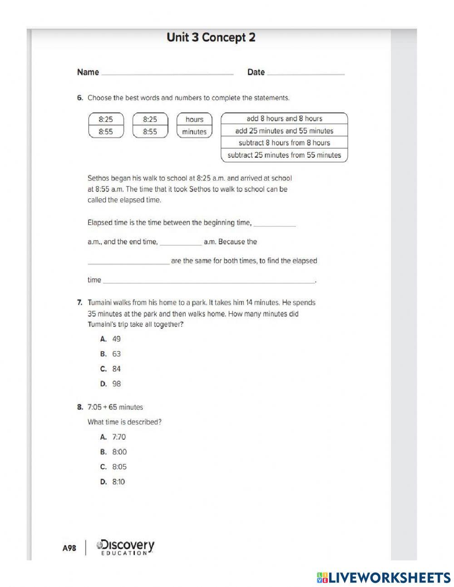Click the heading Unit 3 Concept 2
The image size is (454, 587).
pyautogui.click(x=211, y=38)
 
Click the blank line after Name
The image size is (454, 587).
pyautogui.click(x=167, y=73)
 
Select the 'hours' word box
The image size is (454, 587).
pyautogui.click(x=194, y=119)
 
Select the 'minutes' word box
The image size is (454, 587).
pyautogui.click(x=194, y=132)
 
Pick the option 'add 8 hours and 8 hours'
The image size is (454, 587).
pyautogui.click(x=284, y=119)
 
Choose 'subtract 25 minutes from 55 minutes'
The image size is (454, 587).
pyautogui.click(x=284, y=155)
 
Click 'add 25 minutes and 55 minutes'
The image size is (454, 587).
pyautogui.click(x=284, y=131)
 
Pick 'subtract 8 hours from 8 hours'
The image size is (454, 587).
pyautogui.click(x=284, y=143)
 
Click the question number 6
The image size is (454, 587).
pyautogui.click(x=80, y=98)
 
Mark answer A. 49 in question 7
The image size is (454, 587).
pyautogui.click(x=111, y=339)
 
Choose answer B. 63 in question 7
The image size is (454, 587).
pyautogui.click(x=111, y=354)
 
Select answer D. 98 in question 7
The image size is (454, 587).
pyautogui.click(x=111, y=384)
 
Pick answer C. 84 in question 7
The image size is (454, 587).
pyautogui.click(x=111, y=369)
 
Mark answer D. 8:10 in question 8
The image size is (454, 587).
pyautogui.click(x=113, y=482)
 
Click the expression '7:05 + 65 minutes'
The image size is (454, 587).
pyautogui.click(x=115, y=407)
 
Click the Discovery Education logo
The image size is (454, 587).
pyautogui.click(x=125, y=547)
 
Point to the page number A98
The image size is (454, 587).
pyautogui.click(x=69, y=548)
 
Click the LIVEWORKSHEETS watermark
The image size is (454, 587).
pyautogui.click(x=384, y=577)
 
